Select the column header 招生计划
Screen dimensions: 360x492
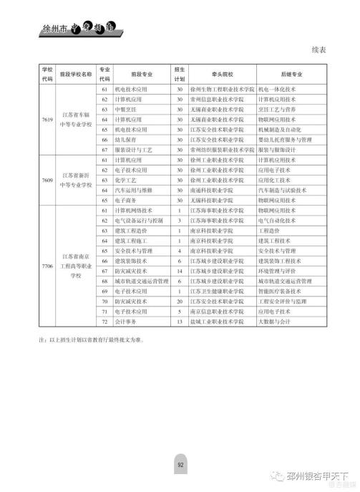point(180,73)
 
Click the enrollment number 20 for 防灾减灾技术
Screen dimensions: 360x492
point(180,302)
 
